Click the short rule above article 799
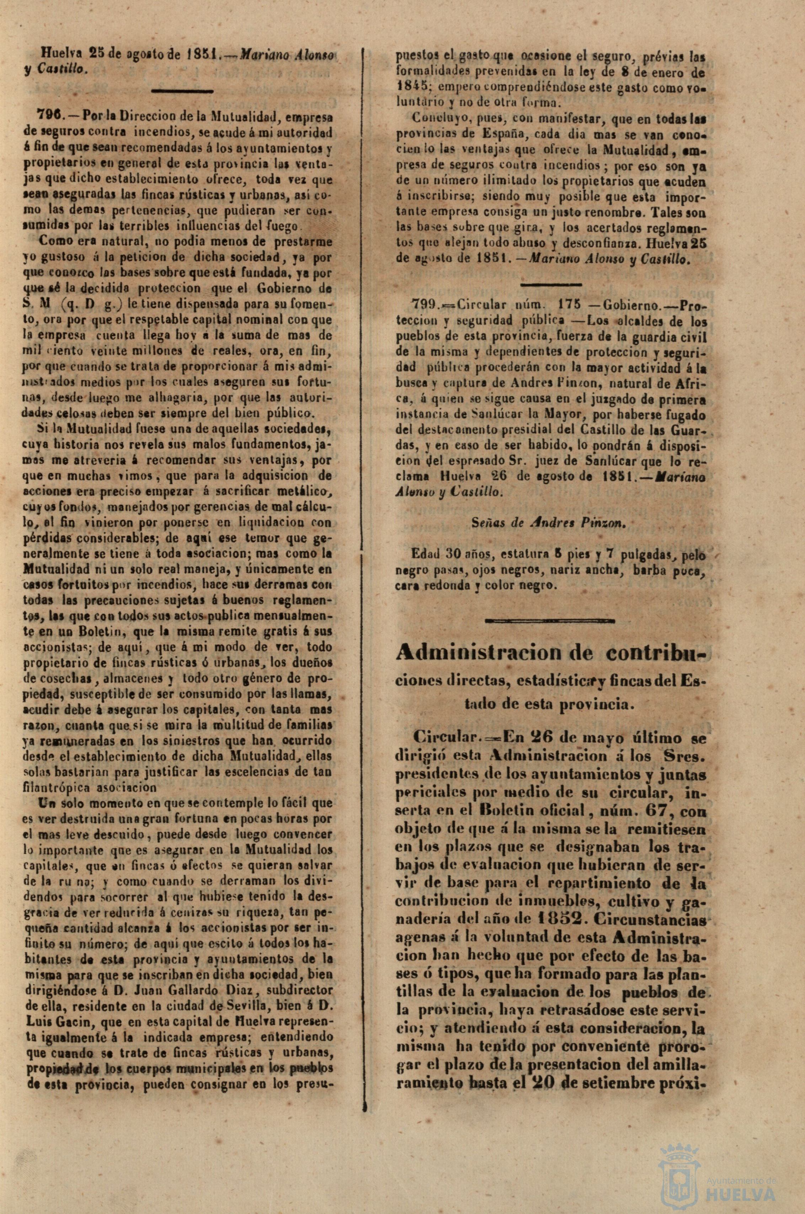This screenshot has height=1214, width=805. (x=551, y=283)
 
